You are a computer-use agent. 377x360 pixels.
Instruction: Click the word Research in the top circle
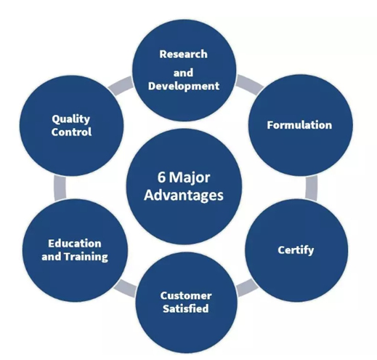tap(183, 54)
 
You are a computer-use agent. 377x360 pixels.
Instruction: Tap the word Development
tap(184, 87)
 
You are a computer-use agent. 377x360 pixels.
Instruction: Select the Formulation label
tap(299, 125)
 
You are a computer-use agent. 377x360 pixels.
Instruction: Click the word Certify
tap(296, 250)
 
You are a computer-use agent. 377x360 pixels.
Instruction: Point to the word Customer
tap(186, 296)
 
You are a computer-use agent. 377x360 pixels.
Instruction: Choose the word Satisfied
tap(186, 308)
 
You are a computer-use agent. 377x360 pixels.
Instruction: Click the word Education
tap(75, 244)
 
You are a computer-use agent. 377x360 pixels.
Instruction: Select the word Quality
tap(70, 119)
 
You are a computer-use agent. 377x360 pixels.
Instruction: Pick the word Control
tap(71, 132)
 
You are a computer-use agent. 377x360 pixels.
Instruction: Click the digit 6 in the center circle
tap(161, 177)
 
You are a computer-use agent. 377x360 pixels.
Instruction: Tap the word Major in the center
tap(190, 178)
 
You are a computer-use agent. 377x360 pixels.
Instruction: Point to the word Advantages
tap(184, 196)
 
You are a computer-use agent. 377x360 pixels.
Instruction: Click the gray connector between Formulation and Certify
tap(312, 188)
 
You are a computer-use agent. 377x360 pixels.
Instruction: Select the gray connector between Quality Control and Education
tap(60, 188)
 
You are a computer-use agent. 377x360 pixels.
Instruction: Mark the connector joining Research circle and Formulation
tap(249, 84)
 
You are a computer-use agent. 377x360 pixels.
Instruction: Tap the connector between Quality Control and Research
tap(121, 86)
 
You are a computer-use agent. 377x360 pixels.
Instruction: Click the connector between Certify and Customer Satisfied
tap(247, 287)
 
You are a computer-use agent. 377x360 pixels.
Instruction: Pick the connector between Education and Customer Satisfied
tap(125, 288)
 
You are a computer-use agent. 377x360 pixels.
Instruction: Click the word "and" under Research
tap(183, 73)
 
